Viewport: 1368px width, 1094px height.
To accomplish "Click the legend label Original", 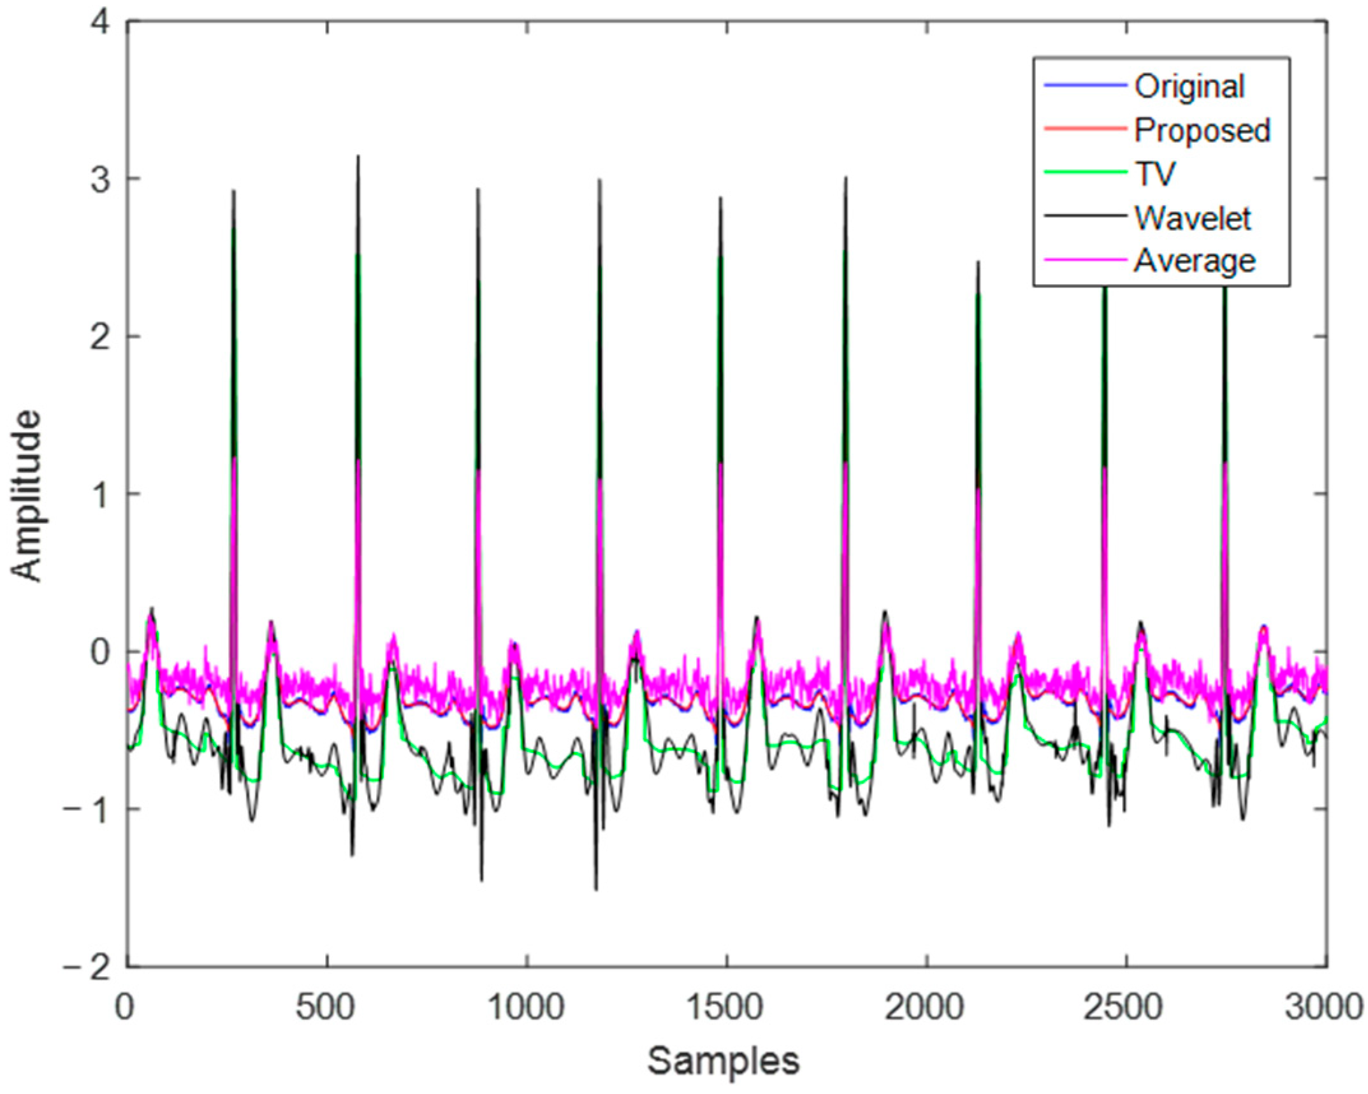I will coord(1189,87).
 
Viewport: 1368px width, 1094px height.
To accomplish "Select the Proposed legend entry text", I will coord(1202,131).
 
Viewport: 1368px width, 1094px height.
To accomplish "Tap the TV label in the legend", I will coord(1155,174).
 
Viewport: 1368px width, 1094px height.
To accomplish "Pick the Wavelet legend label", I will coord(1193,218).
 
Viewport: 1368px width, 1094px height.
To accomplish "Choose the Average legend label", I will coord(1195,261).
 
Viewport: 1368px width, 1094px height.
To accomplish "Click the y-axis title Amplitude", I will coord(27,496).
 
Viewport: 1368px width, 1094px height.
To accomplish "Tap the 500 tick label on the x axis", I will coord(326,1008).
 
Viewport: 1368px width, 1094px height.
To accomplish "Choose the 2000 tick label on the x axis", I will coord(926,1008).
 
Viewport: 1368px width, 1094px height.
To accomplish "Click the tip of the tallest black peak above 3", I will coord(358,156).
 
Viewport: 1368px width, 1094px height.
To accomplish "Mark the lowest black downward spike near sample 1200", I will coord(596,889).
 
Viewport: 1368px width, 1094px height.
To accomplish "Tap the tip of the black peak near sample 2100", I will coord(978,262).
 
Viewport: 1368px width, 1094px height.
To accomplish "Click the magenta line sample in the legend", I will coord(1084,259).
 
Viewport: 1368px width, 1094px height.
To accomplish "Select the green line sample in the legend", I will coord(1084,172).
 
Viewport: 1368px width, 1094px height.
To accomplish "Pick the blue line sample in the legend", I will coord(1084,85).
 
